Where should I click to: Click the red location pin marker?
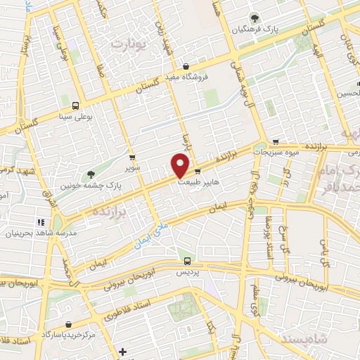tap(181, 165)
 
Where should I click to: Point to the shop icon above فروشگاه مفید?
tap(185, 67)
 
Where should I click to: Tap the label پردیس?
tap(184, 271)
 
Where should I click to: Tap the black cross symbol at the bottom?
tap(122, 352)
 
